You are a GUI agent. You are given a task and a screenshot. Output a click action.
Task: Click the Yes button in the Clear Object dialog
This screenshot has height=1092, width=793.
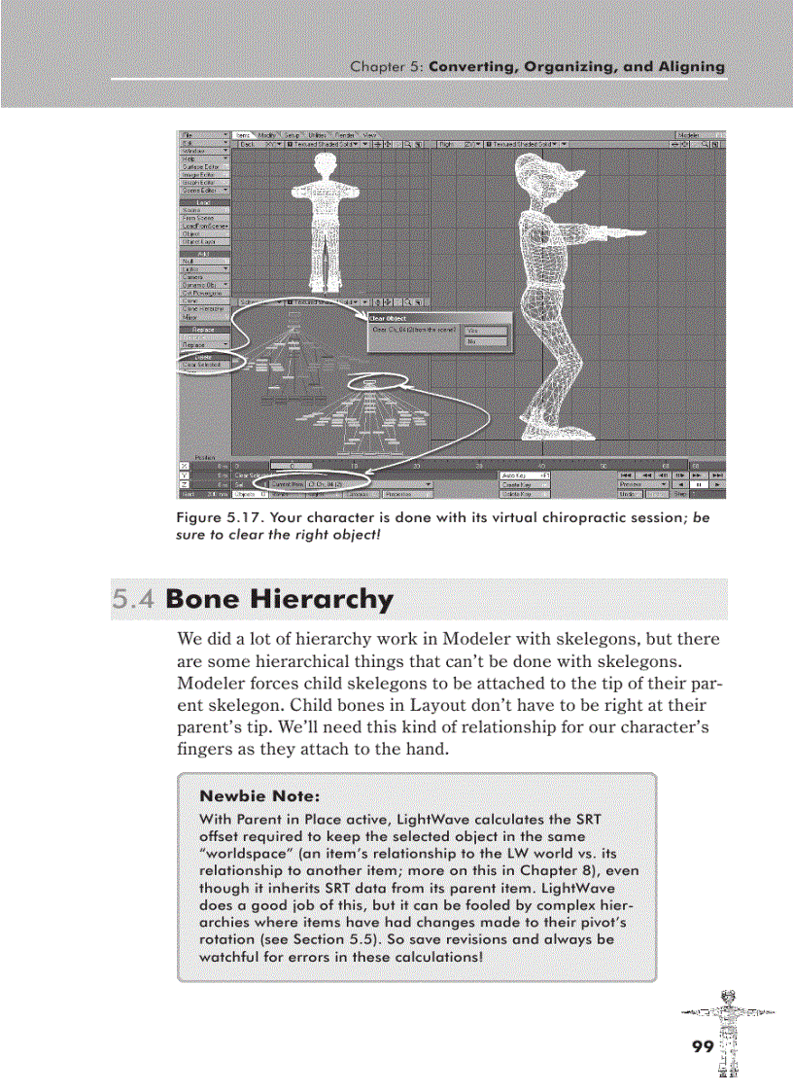point(486,331)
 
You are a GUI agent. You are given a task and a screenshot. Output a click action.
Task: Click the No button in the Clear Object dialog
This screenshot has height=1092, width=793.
point(486,342)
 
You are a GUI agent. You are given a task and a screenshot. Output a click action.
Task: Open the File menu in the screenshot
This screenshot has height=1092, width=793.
point(204,134)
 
